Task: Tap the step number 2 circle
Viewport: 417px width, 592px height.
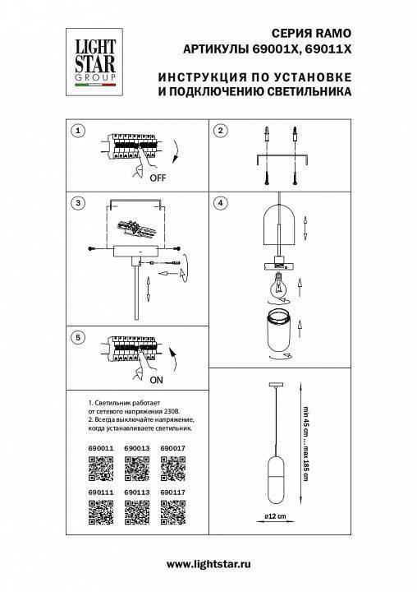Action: click(220, 132)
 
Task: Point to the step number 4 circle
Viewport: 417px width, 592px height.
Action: click(220, 203)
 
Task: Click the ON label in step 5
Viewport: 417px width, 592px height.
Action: click(157, 381)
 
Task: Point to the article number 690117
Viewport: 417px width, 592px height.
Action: click(173, 493)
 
